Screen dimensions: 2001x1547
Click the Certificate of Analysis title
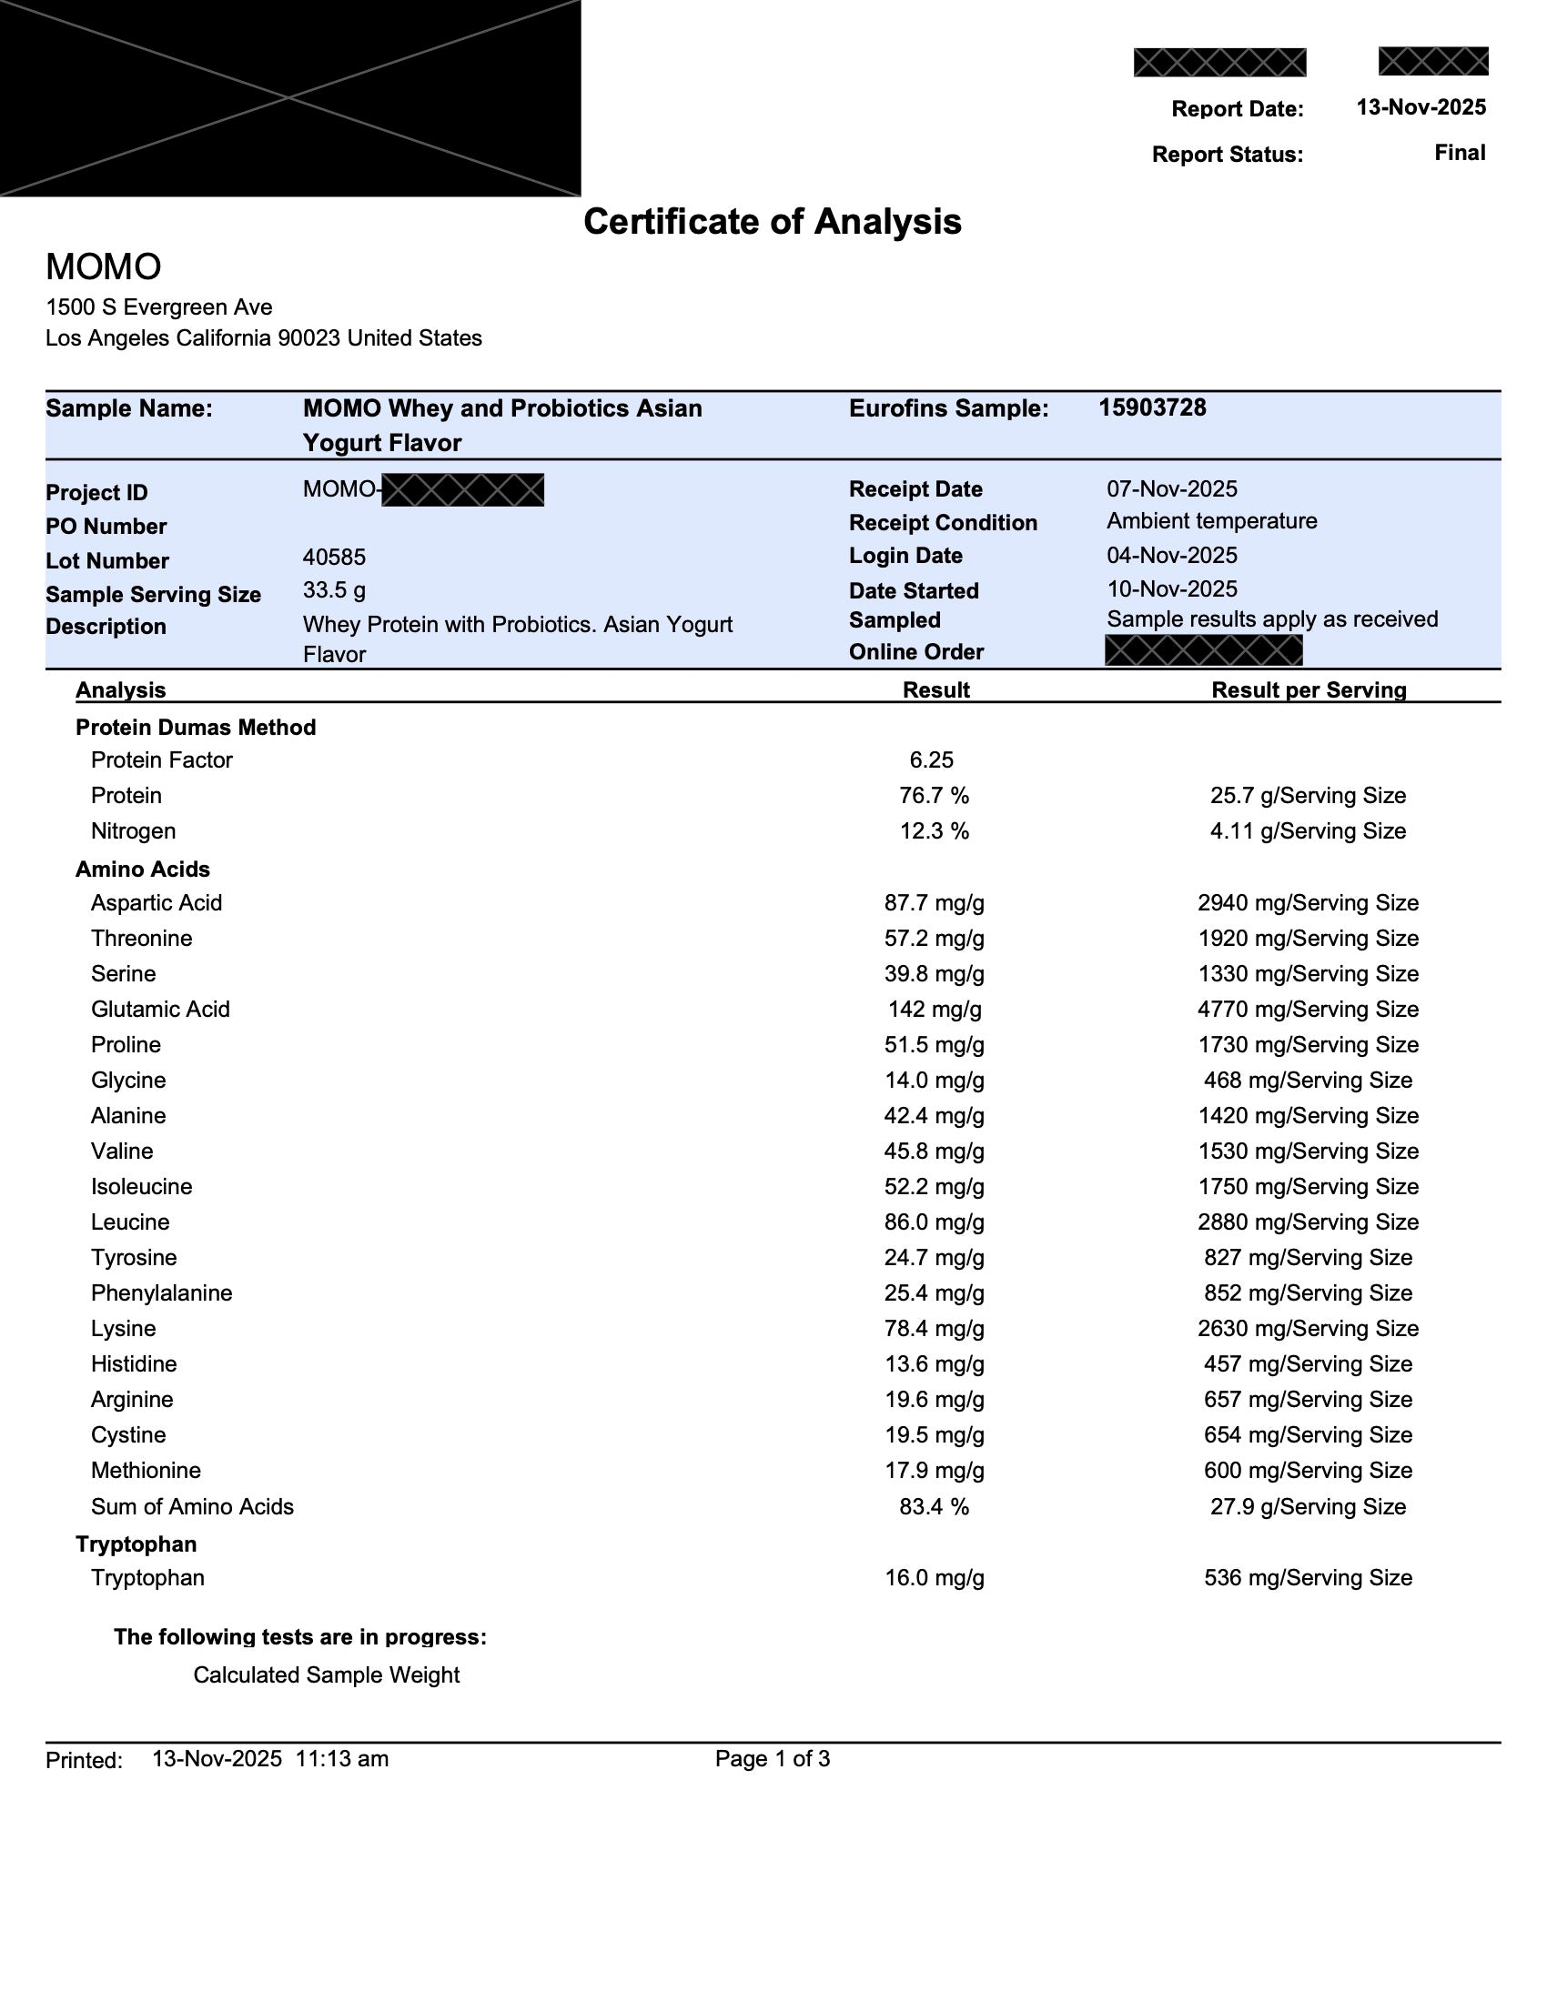tap(772, 222)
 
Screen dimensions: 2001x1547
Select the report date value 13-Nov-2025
tap(1421, 107)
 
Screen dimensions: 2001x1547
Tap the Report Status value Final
tap(1460, 152)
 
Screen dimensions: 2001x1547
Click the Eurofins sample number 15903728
tap(1152, 407)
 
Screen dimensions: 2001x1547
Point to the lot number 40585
tap(334, 557)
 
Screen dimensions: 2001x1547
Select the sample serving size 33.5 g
tap(334, 590)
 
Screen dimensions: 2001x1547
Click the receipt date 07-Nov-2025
tap(1171, 488)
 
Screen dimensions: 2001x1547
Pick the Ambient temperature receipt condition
tap(1210, 520)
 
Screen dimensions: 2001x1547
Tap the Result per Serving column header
tap(1308, 690)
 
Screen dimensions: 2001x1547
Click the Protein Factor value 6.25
tap(931, 760)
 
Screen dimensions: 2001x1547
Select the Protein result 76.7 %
tap(933, 795)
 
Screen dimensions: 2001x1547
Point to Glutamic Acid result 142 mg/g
tap(934, 1009)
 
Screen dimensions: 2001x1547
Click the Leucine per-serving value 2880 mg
tap(1307, 1222)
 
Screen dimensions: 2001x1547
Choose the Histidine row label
tap(134, 1363)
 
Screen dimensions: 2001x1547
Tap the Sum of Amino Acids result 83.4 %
tap(933, 1506)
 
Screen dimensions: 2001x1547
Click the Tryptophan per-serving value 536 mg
tap(1307, 1577)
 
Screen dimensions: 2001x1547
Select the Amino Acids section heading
tap(142, 869)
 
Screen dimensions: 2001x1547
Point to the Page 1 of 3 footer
tap(772, 1758)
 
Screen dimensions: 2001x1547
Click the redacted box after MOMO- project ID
tap(462, 490)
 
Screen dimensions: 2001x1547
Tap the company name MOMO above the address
tap(104, 266)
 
